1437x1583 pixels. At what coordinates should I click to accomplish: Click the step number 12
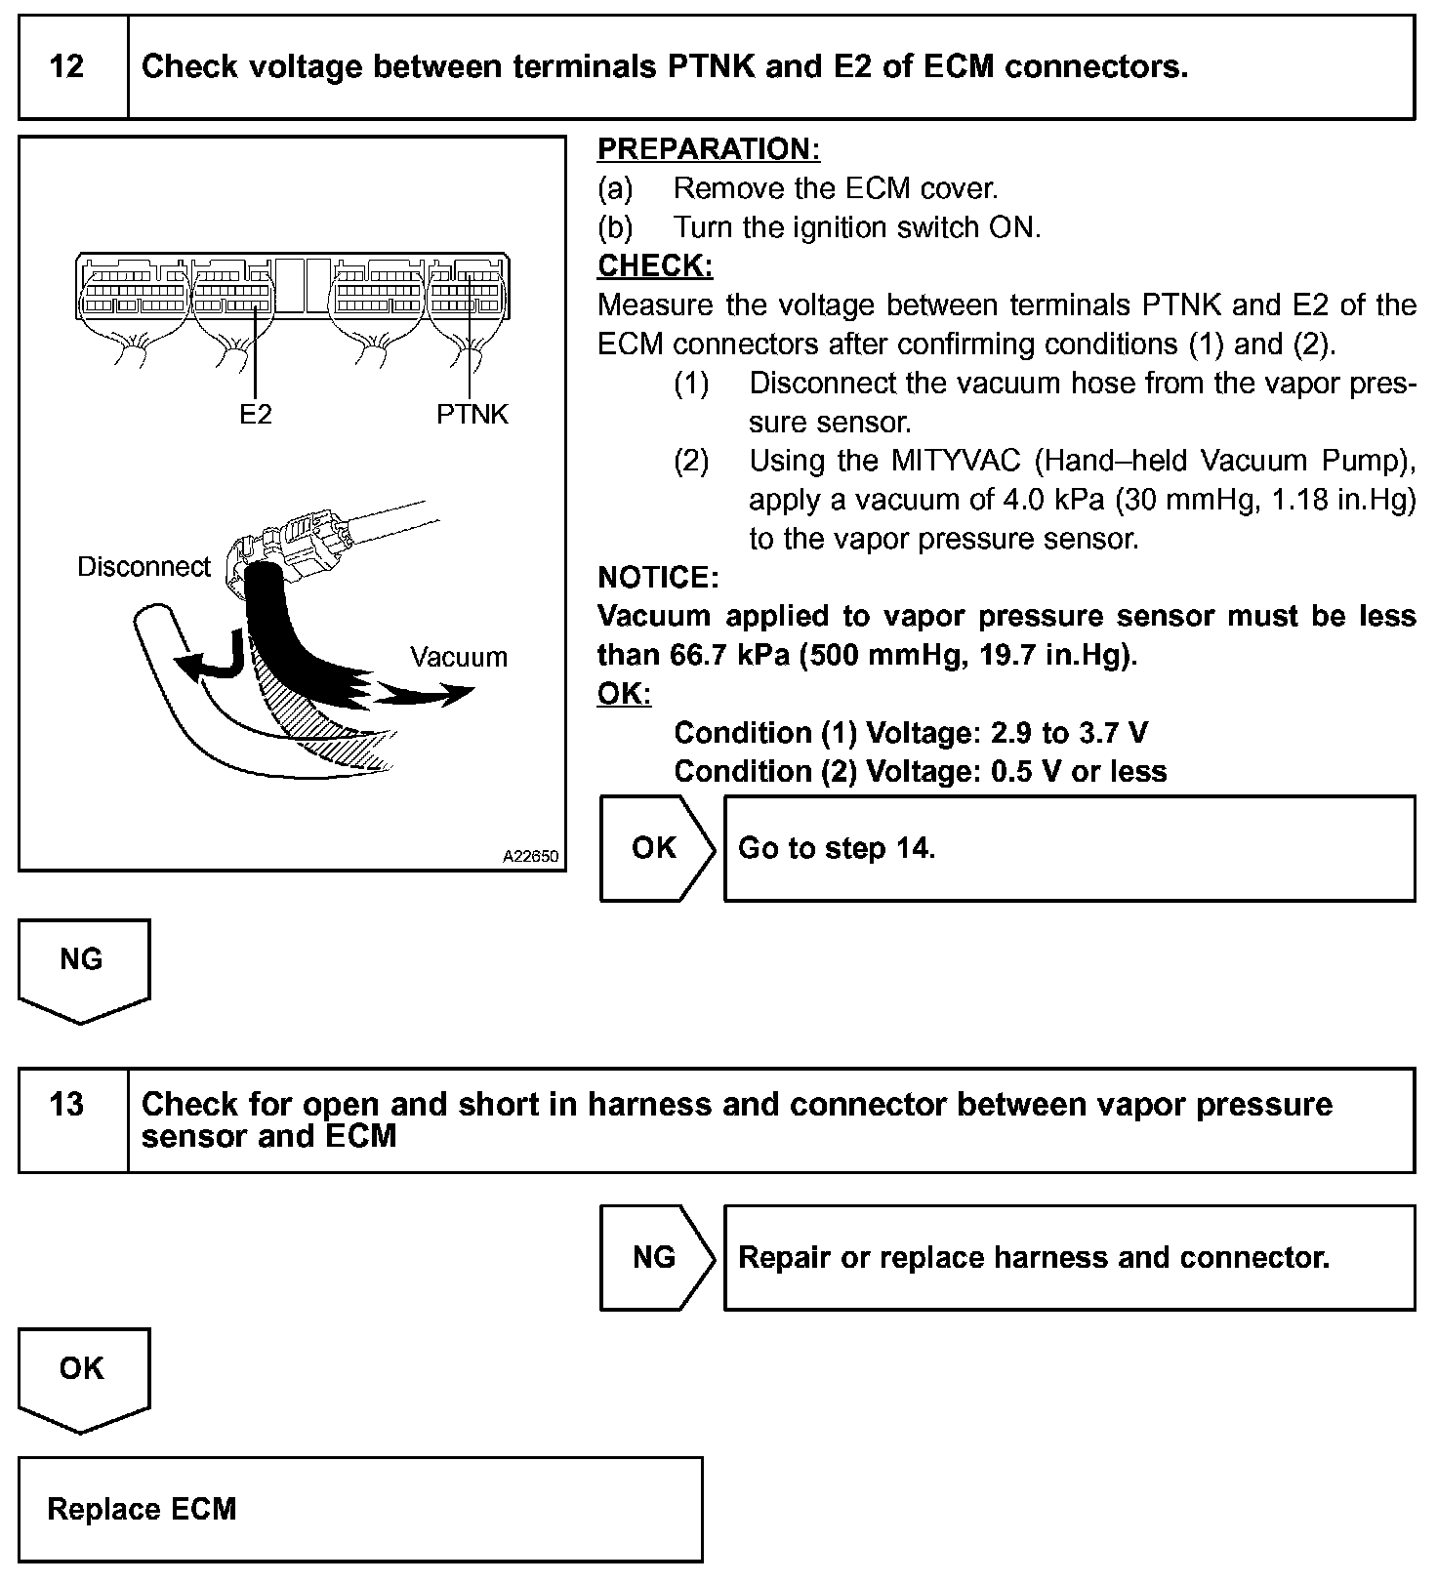(x=66, y=67)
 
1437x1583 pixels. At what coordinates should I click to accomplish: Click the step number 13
(x=66, y=1105)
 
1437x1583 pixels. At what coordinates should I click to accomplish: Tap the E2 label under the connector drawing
(x=256, y=415)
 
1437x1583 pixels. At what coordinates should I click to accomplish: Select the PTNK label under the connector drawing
(x=472, y=415)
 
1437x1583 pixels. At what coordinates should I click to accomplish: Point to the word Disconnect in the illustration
(x=144, y=567)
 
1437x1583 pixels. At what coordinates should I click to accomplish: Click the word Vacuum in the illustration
(x=459, y=657)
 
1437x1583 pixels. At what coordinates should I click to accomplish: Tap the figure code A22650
(x=531, y=857)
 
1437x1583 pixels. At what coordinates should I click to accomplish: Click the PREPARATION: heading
(x=709, y=149)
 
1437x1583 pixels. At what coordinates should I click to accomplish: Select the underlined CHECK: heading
(x=655, y=265)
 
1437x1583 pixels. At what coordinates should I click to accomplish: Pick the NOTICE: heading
(x=658, y=578)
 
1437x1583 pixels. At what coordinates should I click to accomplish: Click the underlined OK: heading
(x=624, y=694)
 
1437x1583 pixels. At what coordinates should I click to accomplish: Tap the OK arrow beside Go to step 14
(x=654, y=848)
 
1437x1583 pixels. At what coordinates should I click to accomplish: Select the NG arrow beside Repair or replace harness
(x=654, y=1257)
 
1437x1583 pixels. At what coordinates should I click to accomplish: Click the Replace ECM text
(x=143, y=1509)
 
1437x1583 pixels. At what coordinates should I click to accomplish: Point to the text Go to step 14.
(x=837, y=848)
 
